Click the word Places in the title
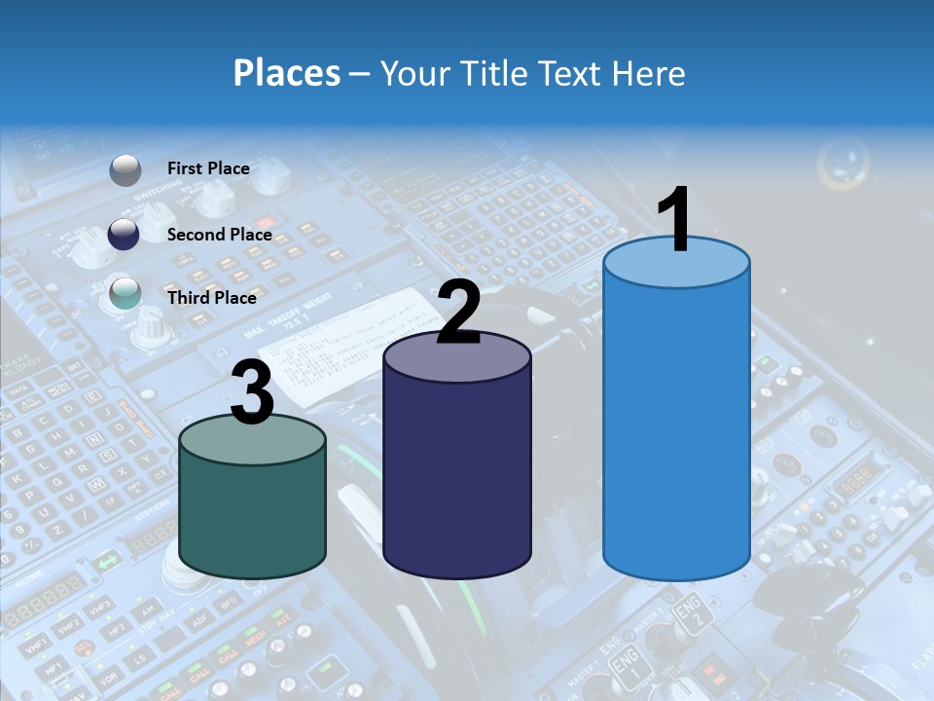[286, 73]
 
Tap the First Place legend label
[208, 168]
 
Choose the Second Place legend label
[219, 235]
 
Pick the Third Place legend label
[211, 298]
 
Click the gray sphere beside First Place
[126, 170]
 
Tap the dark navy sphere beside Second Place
[124, 234]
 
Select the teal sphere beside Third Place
[125, 293]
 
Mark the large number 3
[253, 391]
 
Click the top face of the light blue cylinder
[676, 263]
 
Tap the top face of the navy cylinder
[457, 357]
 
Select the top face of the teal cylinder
[253, 439]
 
